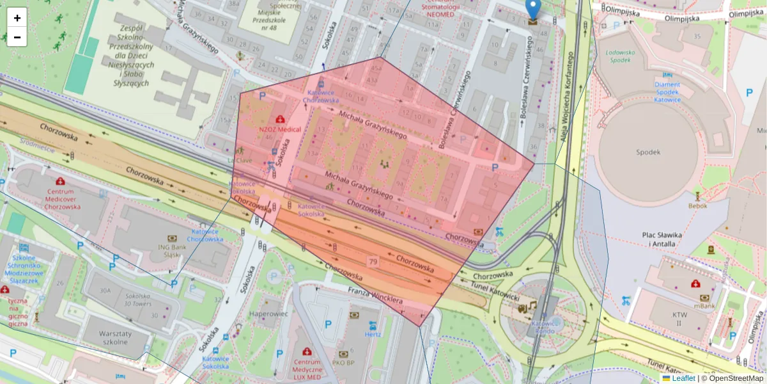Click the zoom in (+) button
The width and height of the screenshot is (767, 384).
17,18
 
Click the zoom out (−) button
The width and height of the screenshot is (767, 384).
17,37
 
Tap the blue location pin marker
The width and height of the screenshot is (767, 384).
532,10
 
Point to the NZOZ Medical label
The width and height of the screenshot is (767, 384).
280,129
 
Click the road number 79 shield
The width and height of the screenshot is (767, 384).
372,261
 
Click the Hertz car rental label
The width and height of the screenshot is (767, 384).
372,334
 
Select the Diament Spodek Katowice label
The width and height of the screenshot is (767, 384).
667,92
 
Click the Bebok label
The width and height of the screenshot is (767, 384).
697,206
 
